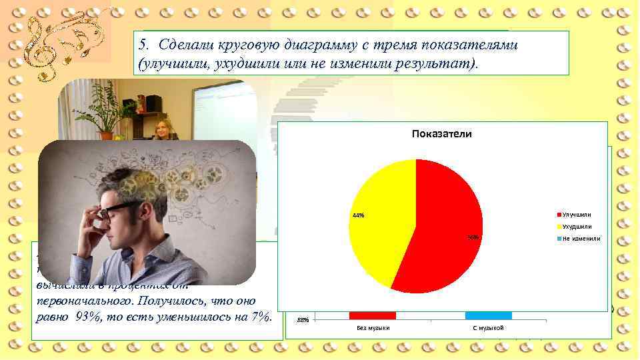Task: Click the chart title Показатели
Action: click(442, 134)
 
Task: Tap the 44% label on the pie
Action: click(358, 215)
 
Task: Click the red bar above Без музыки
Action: click(372, 315)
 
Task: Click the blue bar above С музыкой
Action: click(488, 315)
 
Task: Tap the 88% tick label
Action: click(303, 321)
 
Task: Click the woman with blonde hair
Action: click(162, 128)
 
